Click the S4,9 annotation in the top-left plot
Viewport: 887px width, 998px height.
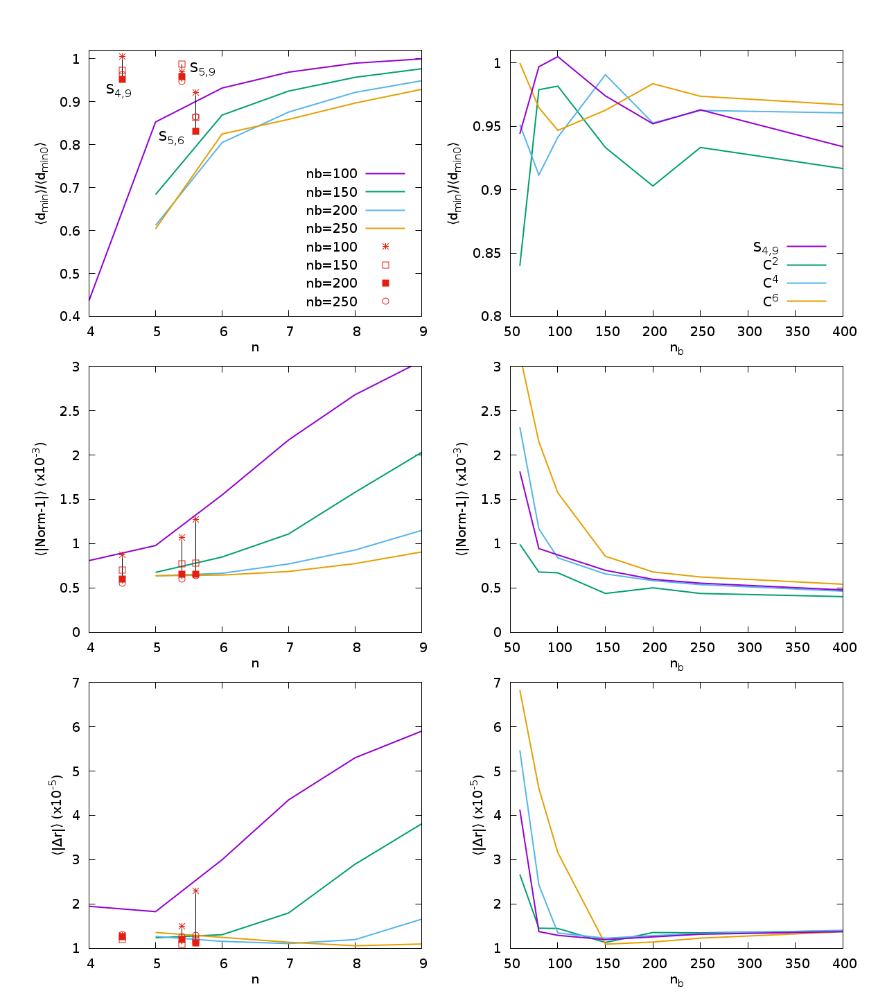pos(118,89)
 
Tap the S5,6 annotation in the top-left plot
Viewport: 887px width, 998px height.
pos(171,137)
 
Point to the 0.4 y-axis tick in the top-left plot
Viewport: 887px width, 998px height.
pos(71,317)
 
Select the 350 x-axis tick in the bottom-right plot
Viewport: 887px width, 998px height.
pos(796,963)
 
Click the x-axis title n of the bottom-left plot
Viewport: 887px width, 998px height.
pos(255,979)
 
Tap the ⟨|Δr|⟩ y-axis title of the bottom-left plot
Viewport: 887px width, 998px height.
pos(60,815)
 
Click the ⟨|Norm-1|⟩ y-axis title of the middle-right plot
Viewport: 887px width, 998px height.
pos(462,499)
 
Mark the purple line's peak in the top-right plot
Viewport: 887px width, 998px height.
pos(558,56)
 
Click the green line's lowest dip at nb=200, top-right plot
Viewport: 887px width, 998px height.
pos(653,186)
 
